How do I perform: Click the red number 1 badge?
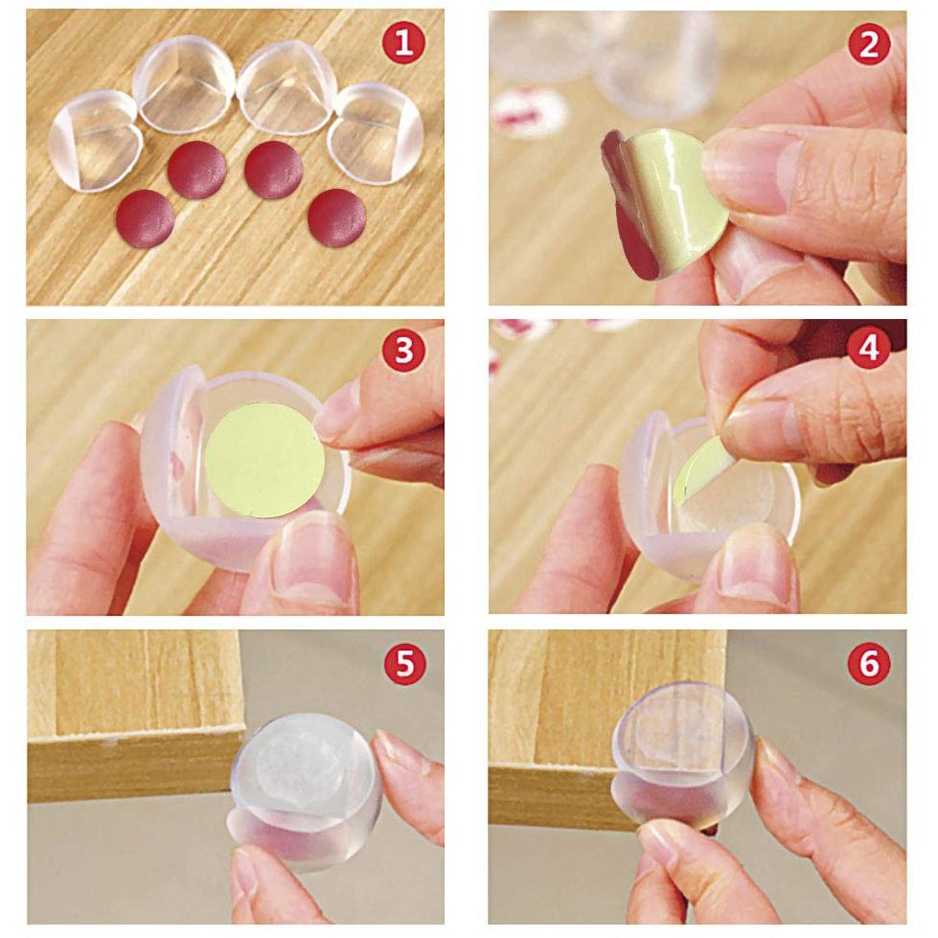tap(404, 43)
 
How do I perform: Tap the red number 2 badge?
tap(868, 43)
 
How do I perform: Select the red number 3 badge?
tap(404, 351)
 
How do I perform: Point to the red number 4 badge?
tap(868, 351)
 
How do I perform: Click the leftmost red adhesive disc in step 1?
tap(146, 218)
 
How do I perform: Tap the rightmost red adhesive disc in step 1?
tap(337, 217)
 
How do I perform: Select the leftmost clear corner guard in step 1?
tap(94, 141)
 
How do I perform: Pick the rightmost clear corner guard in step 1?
tap(376, 133)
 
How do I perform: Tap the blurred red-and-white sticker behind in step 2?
tap(529, 111)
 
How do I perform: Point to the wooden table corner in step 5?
tap(144, 728)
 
